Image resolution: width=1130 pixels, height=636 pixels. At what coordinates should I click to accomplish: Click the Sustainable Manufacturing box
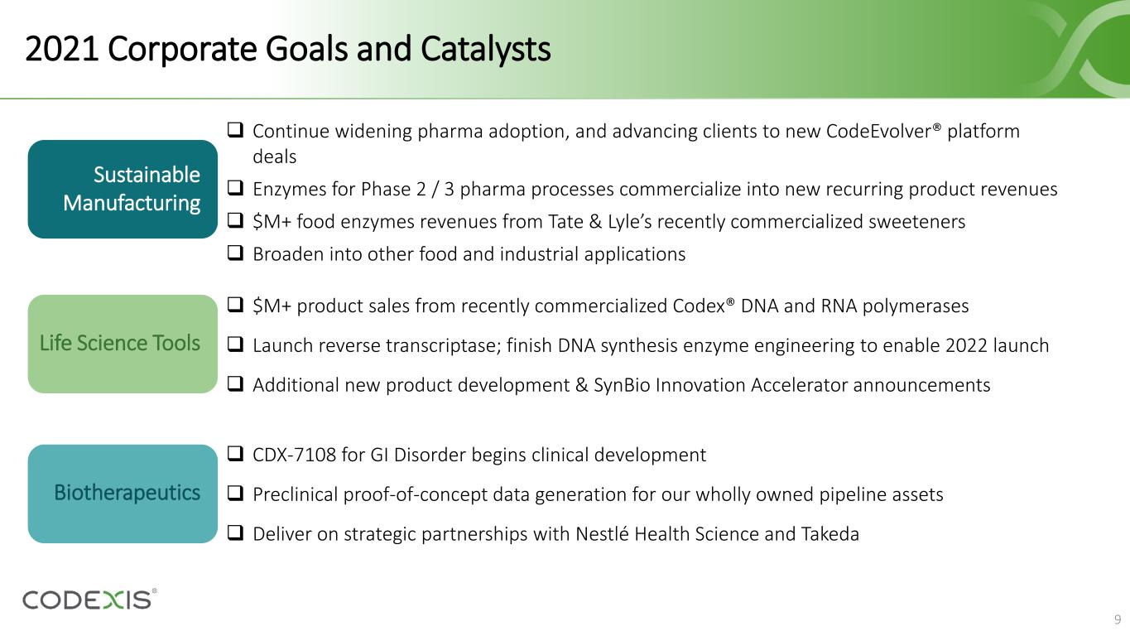pos(123,190)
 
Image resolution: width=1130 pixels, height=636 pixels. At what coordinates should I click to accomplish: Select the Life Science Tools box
pos(123,344)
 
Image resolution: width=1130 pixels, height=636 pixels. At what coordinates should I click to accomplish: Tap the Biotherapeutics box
pos(123,494)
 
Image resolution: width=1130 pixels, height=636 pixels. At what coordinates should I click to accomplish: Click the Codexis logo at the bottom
pos(89,599)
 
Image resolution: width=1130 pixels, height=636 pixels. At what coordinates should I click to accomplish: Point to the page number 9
pos(1118,619)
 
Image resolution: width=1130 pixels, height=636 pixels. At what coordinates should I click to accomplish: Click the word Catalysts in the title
pos(485,49)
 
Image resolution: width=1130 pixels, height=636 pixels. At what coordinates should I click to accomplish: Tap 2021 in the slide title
pos(61,49)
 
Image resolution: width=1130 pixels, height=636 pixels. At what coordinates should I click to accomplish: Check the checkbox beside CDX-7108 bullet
pos(235,453)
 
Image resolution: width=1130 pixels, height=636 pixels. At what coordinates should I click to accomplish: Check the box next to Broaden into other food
pos(235,253)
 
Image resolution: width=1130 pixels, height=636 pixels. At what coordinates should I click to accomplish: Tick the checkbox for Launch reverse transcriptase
pos(235,344)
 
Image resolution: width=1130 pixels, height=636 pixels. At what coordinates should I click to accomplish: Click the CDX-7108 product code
pos(294,455)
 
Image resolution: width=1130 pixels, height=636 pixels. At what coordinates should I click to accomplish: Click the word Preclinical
pos(295,494)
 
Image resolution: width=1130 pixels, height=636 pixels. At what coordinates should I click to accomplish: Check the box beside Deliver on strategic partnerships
pos(235,532)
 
